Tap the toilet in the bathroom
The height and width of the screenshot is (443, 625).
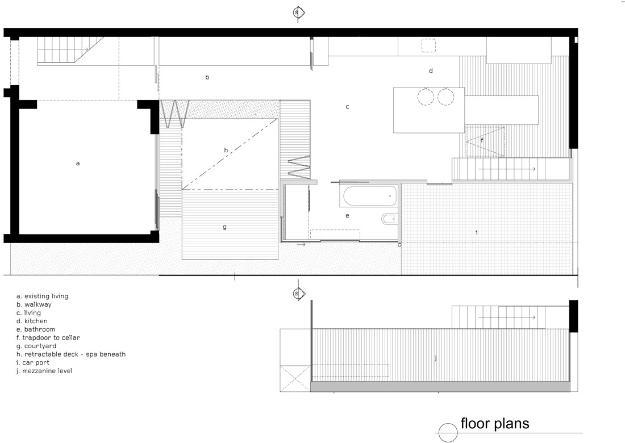388,219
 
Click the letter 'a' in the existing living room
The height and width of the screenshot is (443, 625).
78,164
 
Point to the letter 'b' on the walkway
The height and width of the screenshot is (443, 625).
207,77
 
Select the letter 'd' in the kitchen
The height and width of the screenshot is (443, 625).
431,70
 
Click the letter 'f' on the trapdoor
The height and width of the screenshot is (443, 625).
482,140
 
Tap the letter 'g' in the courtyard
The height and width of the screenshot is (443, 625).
225,227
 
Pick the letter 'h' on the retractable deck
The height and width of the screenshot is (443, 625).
226,150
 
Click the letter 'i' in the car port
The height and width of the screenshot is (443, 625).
477,232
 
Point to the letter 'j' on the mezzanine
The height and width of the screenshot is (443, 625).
436,358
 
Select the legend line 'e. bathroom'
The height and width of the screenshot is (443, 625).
36,329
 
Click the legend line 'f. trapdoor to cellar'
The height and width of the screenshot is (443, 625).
48,338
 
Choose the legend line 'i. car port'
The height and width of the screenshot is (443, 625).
33,362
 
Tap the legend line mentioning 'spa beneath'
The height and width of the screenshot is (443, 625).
71,354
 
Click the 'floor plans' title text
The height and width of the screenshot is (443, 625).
495,424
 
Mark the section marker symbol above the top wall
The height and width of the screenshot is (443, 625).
298,12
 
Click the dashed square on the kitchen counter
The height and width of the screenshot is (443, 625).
429,45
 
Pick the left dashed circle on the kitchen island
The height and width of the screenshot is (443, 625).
426,97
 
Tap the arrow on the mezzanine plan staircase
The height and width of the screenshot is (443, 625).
507,317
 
